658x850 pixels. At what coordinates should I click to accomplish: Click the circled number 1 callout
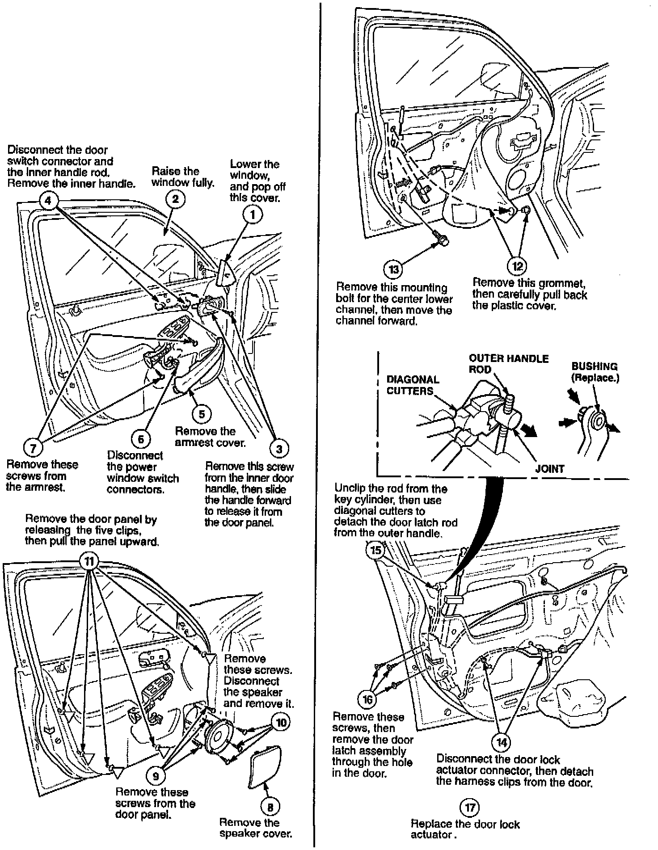pos(253,215)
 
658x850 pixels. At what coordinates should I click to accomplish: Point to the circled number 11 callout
pos(89,561)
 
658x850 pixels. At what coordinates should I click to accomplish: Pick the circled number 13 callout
pos(393,269)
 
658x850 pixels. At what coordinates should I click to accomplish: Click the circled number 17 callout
pos(469,807)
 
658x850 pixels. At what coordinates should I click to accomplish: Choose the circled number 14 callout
pos(502,742)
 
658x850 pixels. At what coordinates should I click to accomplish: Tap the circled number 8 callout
pos(270,807)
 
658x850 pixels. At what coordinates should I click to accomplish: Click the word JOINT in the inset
pos(549,469)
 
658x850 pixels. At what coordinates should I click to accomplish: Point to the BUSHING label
pos(595,372)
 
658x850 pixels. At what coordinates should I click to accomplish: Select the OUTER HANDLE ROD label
pos(508,364)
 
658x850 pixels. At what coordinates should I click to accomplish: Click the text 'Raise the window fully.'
pos(182,177)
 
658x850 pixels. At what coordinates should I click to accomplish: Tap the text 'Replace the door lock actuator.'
pos(465,829)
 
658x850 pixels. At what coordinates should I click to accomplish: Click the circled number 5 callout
pos(202,414)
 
